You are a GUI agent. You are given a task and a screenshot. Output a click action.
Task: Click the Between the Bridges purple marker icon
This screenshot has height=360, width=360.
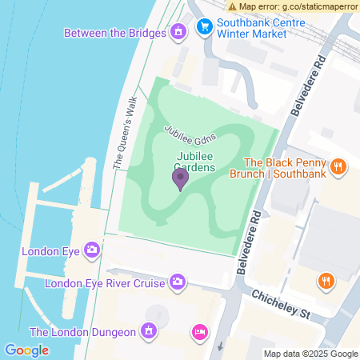(x=178, y=33)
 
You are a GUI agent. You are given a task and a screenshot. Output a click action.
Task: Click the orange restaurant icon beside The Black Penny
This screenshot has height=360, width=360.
(x=339, y=166)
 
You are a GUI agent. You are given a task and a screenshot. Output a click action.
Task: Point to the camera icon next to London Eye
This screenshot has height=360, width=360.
(x=93, y=250)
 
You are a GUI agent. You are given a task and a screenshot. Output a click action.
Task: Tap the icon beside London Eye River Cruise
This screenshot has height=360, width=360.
(x=178, y=282)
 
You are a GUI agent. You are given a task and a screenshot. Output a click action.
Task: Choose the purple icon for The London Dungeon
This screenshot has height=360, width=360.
(x=148, y=330)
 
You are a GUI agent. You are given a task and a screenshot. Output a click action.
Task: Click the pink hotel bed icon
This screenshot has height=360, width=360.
(x=201, y=330)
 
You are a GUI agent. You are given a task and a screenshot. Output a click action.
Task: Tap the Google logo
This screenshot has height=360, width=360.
(x=26, y=350)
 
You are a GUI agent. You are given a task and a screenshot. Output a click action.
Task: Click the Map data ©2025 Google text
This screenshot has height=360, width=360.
(x=310, y=354)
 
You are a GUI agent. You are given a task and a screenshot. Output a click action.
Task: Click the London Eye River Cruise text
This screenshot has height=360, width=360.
(x=105, y=282)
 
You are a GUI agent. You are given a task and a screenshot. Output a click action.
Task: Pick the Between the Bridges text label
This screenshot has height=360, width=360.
(x=114, y=34)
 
